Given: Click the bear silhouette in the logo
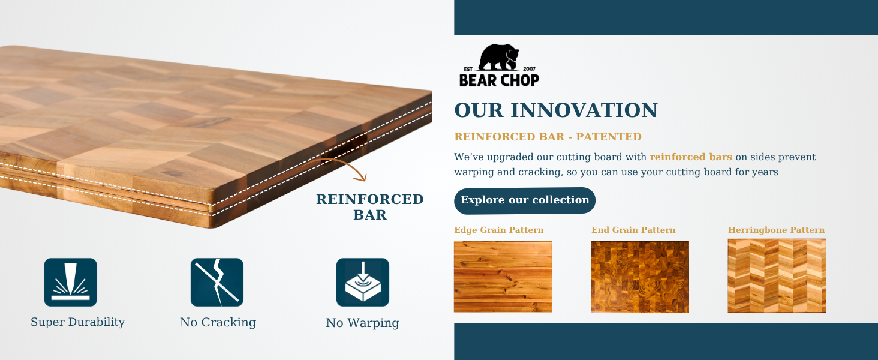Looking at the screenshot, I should click(x=500, y=58).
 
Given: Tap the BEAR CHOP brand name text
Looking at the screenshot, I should click(x=499, y=79).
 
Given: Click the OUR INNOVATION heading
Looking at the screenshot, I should click(x=556, y=110).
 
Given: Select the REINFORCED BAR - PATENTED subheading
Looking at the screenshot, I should click(x=548, y=137).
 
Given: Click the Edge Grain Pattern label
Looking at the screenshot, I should click(x=498, y=230).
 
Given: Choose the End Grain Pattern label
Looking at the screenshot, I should click(x=633, y=230).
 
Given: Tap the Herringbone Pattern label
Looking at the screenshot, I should click(x=776, y=230).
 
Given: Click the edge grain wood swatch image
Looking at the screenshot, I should click(x=503, y=277).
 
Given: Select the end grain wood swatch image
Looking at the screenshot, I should click(x=640, y=277).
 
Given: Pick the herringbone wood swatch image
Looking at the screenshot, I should click(x=777, y=276).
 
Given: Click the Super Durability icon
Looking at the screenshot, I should click(x=71, y=282).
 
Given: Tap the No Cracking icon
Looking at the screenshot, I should click(x=217, y=282).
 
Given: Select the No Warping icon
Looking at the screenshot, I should click(x=363, y=282).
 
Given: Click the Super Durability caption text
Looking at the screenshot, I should click(x=78, y=322).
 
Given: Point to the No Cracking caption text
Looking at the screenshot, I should click(x=218, y=323).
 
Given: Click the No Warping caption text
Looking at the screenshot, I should click(x=362, y=323).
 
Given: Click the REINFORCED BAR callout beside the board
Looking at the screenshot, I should click(x=370, y=207).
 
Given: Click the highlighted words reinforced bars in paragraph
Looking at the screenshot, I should click(x=691, y=157).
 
